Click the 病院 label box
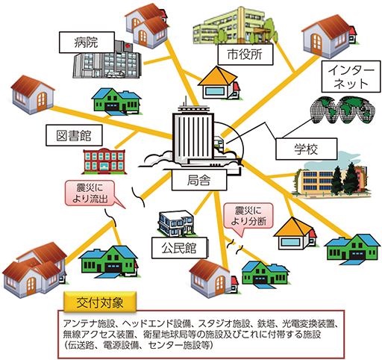pos(87,43)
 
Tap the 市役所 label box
pos(245,55)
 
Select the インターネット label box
pos(351,77)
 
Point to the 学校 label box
pos(307,149)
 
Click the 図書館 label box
pos(74,135)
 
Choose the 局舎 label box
pos(199,180)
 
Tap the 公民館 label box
pos(179,248)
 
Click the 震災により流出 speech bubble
pos(91,193)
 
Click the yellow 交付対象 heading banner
pos(100,302)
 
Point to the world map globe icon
pos(343,110)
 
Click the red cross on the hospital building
pos(128,46)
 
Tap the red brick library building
pos(104,161)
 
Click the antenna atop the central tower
pos(185,101)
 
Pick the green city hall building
pos(234,26)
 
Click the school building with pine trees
pos(331,179)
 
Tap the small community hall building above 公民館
pos(176,223)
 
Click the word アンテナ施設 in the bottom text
pos(89,323)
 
